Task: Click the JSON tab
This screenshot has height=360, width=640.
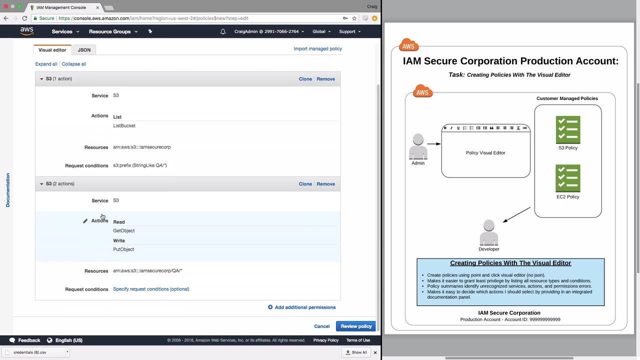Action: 84,49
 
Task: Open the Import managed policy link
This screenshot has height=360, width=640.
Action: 317,48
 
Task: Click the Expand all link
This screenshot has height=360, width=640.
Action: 46,64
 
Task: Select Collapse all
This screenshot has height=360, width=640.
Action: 73,64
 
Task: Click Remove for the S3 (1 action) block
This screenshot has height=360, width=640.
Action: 325,79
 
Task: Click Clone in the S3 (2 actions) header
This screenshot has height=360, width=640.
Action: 305,184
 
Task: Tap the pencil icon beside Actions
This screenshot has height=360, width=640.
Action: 85,221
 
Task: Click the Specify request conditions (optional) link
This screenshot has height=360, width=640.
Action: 151,289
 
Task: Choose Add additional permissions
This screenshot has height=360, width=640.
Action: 301,307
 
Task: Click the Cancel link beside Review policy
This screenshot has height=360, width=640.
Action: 321,326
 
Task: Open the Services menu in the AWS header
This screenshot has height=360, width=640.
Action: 65,31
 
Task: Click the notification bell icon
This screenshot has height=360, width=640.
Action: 223,31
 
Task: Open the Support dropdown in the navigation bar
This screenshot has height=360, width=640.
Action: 349,31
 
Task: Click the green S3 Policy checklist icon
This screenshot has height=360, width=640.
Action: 568,129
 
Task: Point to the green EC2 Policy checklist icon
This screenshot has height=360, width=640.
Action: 568,178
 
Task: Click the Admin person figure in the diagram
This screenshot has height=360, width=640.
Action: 418,146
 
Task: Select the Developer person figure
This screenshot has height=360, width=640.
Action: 489,232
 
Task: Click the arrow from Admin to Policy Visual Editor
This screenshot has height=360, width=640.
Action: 434,144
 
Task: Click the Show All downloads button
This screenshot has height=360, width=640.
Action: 356,352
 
